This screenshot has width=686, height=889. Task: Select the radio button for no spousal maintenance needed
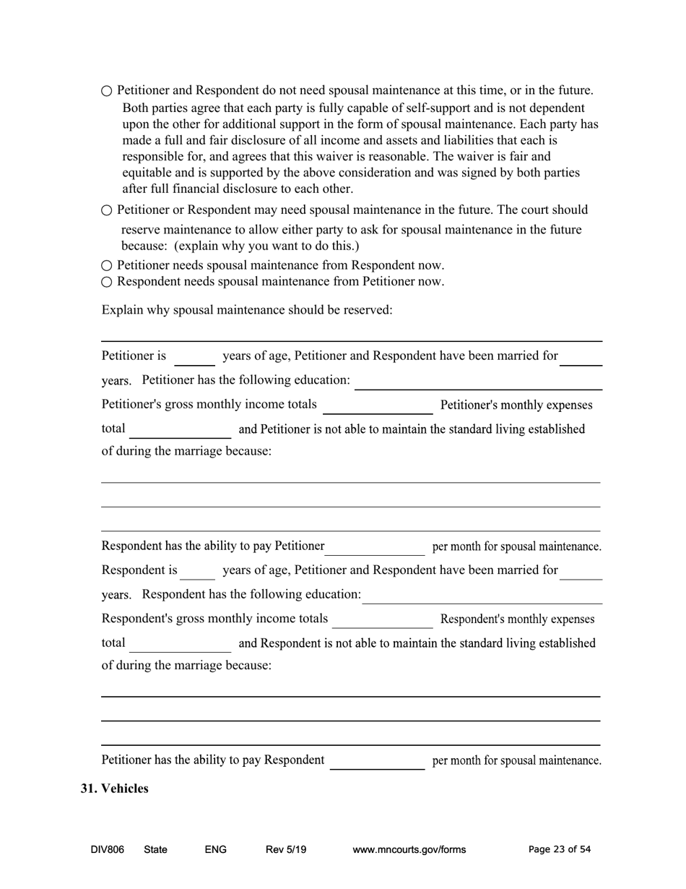(107, 91)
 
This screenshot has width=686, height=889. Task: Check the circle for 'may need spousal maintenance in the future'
(107, 210)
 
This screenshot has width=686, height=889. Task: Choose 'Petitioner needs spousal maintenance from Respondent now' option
(107, 266)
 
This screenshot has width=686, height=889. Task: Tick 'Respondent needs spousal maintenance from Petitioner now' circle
(107, 282)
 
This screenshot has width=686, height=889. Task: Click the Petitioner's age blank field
(194, 358)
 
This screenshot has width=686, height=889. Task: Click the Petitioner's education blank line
(477, 382)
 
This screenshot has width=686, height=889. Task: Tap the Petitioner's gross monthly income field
(378, 406)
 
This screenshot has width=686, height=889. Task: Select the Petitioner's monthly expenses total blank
(180, 431)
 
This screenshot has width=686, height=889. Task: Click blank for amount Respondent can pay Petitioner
(375, 548)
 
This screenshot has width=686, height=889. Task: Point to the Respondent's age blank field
(197, 572)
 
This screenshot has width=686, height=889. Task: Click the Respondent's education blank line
(482, 596)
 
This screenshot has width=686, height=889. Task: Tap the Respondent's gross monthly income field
(382, 620)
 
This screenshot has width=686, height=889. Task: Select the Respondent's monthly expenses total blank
(181, 645)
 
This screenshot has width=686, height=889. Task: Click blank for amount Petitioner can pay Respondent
(377, 762)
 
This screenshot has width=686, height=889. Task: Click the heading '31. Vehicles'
(114, 789)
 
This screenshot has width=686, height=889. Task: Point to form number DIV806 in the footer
(107, 850)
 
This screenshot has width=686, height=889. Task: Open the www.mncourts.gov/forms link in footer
(409, 850)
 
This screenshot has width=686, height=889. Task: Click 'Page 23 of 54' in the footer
(559, 850)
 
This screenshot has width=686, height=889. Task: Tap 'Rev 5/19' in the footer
(286, 850)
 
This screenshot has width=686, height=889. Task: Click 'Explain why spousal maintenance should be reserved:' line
(247, 310)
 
